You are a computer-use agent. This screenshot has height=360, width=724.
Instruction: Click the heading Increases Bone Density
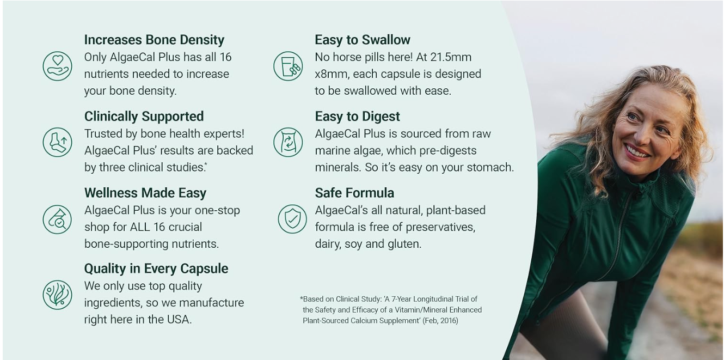point(154,40)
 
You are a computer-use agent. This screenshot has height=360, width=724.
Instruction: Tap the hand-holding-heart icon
point(57,66)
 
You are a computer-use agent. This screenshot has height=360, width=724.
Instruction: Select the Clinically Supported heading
point(144,117)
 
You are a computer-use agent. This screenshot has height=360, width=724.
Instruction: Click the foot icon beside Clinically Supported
point(57,142)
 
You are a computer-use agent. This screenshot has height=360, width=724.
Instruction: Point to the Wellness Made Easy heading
point(145,193)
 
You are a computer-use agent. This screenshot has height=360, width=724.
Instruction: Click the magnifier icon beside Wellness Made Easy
point(57,219)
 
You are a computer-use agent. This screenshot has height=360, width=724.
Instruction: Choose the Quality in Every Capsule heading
point(156,269)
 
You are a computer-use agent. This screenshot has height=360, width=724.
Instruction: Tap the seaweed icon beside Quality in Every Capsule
point(57,295)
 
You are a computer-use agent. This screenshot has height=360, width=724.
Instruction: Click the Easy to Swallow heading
point(363,40)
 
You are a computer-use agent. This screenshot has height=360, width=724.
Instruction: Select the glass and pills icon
point(288,66)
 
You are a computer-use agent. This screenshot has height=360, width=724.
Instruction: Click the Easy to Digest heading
point(357,117)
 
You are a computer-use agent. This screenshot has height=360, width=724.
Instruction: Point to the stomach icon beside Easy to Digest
point(288,142)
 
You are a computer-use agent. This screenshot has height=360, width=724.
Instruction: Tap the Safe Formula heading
point(354,193)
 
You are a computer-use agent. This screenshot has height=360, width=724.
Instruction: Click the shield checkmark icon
point(292,219)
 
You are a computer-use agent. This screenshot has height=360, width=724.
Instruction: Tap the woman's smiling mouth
point(636,151)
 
